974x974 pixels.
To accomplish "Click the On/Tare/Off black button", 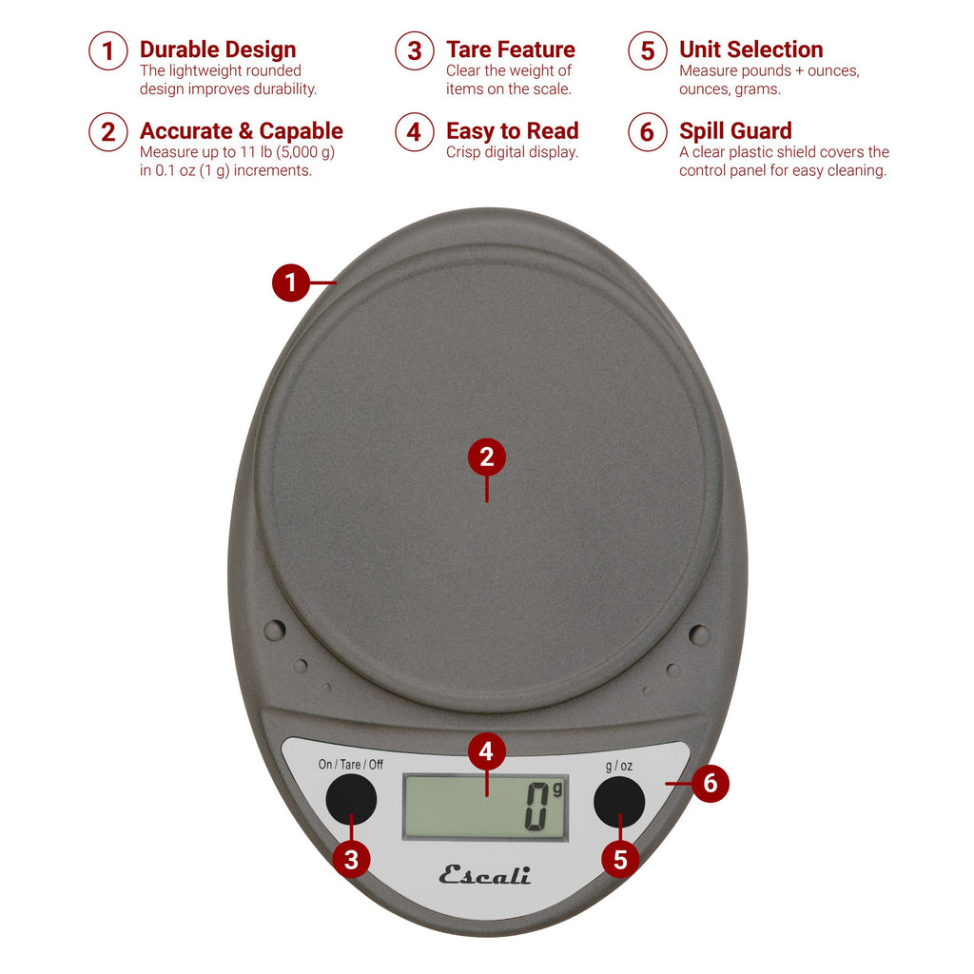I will coord(351,799).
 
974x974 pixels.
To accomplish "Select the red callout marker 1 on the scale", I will coord(291,282).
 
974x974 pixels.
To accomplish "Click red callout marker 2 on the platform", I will coord(487,458).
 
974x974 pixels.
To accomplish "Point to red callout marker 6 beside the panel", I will coord(710,784).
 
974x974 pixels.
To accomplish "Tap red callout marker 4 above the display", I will coord(486,752).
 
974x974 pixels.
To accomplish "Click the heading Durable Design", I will coord(218,49).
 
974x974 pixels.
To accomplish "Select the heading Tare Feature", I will coord(511,49).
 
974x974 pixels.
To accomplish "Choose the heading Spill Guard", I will coord(735,131).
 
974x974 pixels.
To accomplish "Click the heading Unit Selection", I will coord(750,49).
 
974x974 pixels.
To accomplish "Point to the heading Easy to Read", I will coord(512,131).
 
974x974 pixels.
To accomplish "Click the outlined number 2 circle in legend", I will coord(108,132).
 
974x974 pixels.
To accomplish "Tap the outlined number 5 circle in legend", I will coord(648,50).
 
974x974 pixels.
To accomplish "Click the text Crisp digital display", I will coord(512,152).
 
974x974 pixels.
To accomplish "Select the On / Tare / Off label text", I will coord(350,765).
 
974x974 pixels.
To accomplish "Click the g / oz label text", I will coord(618,765).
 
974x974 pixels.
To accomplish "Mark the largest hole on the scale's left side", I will coord(274,630).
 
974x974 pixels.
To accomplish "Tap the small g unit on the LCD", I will coord(557,789).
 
